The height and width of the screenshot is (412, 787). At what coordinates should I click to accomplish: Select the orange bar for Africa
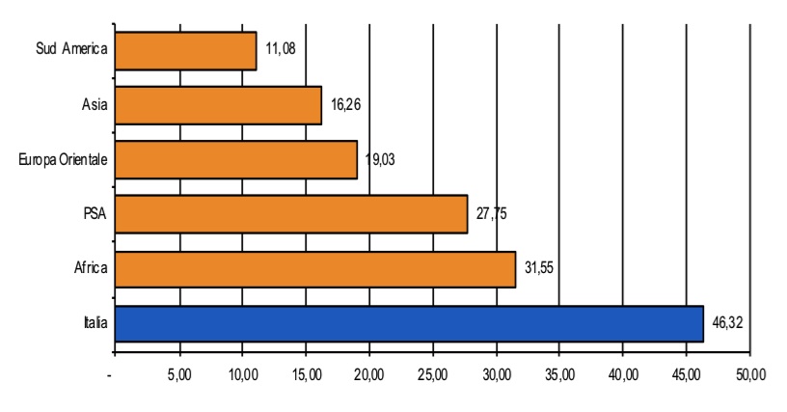314,269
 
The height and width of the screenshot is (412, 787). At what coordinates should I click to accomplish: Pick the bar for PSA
290,214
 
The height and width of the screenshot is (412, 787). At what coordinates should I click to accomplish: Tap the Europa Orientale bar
235,159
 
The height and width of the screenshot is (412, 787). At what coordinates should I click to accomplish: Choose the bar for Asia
218,104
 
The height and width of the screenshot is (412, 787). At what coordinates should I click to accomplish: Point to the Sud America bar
185,50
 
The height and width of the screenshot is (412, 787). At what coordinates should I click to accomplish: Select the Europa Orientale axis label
57,159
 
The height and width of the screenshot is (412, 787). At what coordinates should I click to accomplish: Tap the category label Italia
94,324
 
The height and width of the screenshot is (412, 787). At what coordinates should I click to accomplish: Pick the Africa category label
89,269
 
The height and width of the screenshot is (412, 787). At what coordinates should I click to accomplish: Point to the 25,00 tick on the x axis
433,374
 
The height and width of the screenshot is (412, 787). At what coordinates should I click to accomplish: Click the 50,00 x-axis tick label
749,374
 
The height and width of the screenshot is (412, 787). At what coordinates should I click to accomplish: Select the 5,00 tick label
179,374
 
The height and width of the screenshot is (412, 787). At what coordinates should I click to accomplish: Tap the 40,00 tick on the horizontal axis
623,374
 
